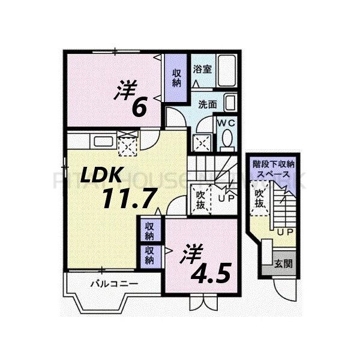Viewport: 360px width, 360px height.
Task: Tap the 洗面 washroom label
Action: click(208, 103)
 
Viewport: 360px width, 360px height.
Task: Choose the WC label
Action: click(225, 122)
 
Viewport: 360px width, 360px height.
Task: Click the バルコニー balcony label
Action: click(115, 282)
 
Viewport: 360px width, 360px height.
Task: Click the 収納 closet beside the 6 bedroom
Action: click(177, 77)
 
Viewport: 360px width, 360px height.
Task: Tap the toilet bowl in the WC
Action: click(227, 139)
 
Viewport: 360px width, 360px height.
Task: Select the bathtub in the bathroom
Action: click(226, 71)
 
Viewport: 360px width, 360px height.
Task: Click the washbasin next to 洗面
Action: click(229, 103)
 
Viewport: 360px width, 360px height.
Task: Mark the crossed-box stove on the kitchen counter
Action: click(127, 144)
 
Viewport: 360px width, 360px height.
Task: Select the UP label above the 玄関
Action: click(285, 231)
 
